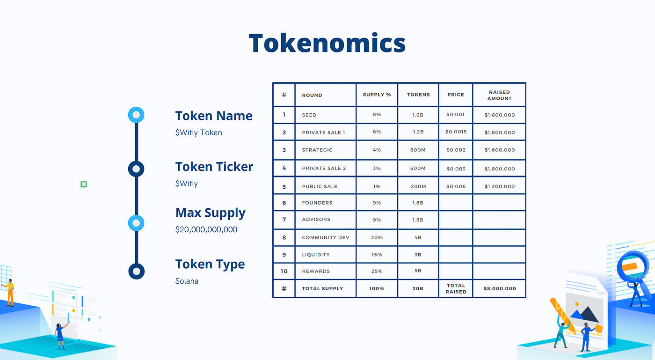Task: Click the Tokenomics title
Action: pyautogui.click(x=327, y=43)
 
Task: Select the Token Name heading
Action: pyautogui.click(x=214, y=116)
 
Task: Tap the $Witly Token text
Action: pyautogui.click(x=198, y=132)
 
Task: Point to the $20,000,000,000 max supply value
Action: pyautogui.click(x=206, y=229)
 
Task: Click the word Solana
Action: pyautogui.click(x=187, y=281)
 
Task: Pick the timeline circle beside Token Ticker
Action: pyautogui.click(x=136, y=169)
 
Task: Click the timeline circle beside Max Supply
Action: pyautogui.click(x=136, y=223)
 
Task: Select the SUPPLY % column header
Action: pyautogui.click(x=377, y=95)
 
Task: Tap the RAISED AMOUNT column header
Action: pyautogui.click(x=499, y=95)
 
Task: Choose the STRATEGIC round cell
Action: pyautogui.click(x=317, y=150)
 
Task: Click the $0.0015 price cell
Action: pyautogui.click(x=456, y=132)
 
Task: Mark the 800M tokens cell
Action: pyautogui.click(x=418, y=150)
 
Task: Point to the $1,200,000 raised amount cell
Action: pyautogui.click(x=499, y=186)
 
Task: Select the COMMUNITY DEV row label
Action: pyautogui.click(x=326, y=237)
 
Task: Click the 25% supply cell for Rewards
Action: pyautogui.click(x=377, y=271)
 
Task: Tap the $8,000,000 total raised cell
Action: pyautogui.click(x=499, y=288)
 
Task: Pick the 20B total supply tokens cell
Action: pyautogui.click(x=418, y=288)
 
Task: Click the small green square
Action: pyautogui.click(x=84, y=184)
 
